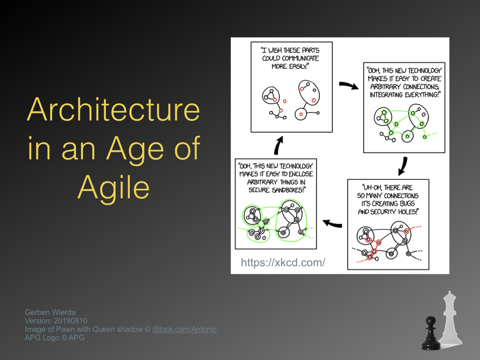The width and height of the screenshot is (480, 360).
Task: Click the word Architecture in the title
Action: coord(113,110)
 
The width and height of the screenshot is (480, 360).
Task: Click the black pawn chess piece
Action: coord(431,333)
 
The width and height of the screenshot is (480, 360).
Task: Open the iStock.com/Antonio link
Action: coord(184,330)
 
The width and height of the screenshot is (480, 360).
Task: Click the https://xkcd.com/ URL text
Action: coord(283,262)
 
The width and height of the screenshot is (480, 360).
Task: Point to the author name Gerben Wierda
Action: coord(50,312)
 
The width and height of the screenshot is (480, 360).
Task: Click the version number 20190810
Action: coord(70,321)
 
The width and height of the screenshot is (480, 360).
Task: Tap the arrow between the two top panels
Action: coord(349,85)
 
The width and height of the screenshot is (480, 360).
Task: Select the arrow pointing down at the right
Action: coord(403,166)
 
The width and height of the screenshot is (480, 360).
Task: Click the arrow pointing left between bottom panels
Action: coord(332,224)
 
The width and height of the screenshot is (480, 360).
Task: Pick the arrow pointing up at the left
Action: coord(278,145)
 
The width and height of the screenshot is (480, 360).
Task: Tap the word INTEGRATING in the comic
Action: coord(386,95)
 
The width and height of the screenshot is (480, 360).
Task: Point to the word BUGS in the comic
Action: coord(407,203)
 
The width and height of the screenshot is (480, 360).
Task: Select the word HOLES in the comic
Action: coord(407,212)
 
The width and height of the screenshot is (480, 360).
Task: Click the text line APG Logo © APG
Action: coord(54,337)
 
